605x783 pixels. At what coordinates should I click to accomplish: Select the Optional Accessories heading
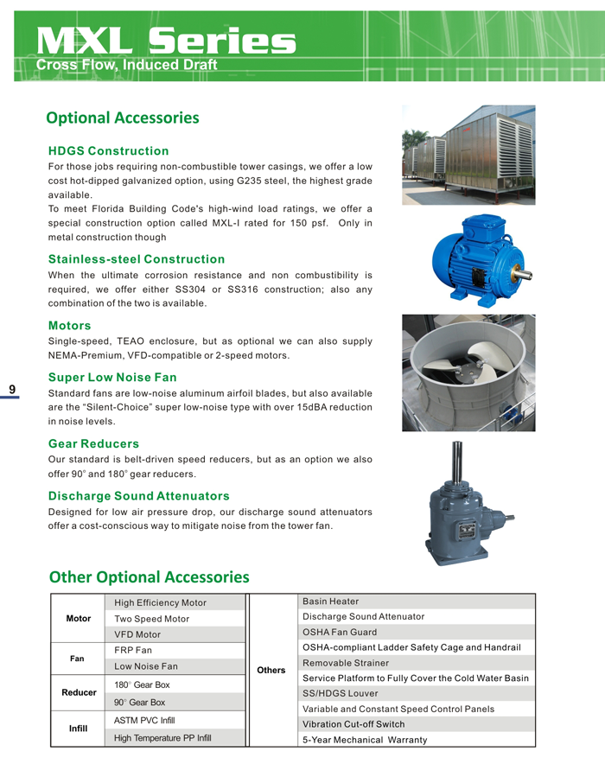[123, 118]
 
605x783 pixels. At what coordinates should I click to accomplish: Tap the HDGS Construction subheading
[108, 151]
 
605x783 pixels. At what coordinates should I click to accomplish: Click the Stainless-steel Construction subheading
[137, 259]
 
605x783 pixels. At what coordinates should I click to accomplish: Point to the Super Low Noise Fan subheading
[112, 378]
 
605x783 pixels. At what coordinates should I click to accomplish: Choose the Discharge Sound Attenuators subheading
[139, 496]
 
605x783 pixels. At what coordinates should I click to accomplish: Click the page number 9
[12, 389]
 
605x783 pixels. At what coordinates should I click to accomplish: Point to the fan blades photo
[468, 372]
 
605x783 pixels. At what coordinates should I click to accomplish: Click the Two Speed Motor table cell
[151, 619]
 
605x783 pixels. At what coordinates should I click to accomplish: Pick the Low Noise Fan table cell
[146, 666]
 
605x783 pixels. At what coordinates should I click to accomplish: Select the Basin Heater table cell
[331, 602]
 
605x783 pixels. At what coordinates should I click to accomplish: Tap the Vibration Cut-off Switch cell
[353, 723]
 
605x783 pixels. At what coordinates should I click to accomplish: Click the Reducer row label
[79, 692]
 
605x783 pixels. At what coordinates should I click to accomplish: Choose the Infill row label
[79, 729]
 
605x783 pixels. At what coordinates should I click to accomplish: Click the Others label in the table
[271, 670]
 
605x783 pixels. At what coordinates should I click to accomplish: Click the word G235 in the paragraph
[239, 181]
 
